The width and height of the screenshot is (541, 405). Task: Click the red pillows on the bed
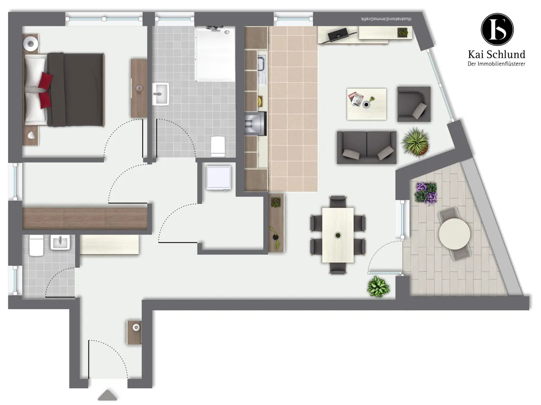pos(45,90)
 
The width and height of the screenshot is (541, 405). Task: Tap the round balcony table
pos(454,234)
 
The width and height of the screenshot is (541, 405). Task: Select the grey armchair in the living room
pos(414,104)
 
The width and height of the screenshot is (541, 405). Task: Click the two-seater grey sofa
pos(367,147)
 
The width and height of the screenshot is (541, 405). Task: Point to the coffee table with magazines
pos(367,104)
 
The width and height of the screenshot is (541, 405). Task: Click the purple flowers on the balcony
pos(426,193)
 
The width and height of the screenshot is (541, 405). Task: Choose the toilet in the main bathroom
pos(218,146)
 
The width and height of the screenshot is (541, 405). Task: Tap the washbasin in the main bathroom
pos(160,94)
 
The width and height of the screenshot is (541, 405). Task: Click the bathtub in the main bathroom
pos(215,54)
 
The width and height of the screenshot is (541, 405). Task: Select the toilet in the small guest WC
pos(36,245)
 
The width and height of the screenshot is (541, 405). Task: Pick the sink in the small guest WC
pos(60,242)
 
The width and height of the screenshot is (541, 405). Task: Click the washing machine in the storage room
pos(219,178)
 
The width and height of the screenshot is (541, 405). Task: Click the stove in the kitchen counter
pos(256,123)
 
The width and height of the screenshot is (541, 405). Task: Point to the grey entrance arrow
pos(107,395)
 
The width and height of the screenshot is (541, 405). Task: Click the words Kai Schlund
pos(496,54)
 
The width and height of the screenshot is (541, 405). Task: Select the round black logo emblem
pos(497,29)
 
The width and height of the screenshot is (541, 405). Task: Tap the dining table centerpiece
pos(338,235)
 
